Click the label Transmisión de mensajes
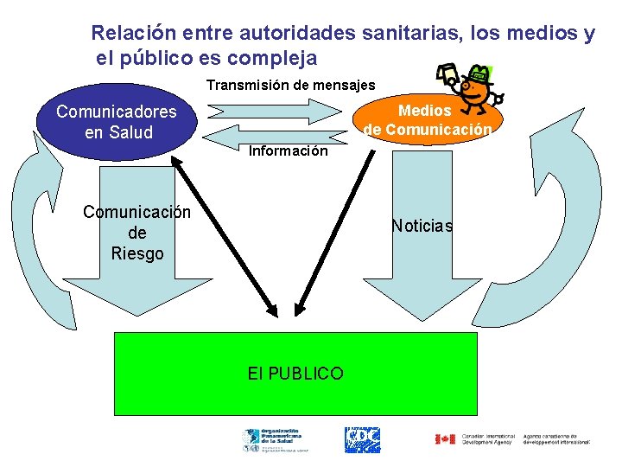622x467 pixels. [290, 85]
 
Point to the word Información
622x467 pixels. [288, 151]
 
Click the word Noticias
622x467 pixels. [422, 226]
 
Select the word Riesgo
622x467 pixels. [136, 253]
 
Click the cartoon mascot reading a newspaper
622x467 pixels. [470, 92]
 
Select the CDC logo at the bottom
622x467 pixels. [363, 440]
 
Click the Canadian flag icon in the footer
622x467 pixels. [444, 439]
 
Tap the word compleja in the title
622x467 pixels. [274, 59]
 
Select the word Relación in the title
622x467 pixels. [135, 34]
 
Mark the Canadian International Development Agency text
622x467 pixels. [488, 439]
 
